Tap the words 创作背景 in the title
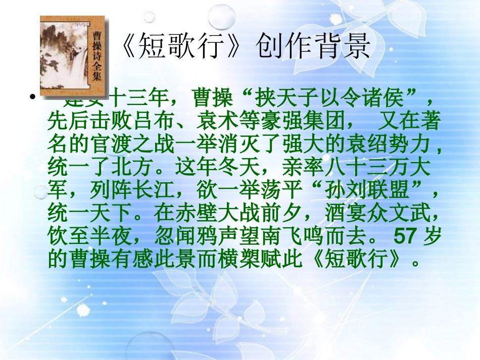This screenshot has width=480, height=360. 313,48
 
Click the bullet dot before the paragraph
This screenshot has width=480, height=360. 32,97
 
